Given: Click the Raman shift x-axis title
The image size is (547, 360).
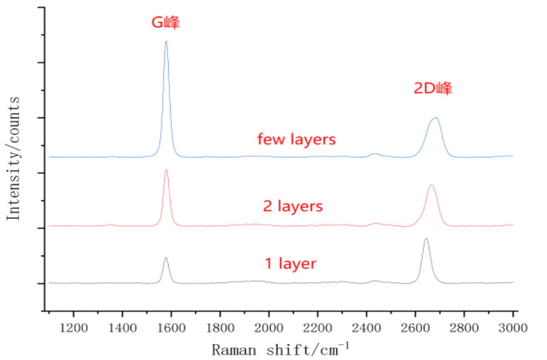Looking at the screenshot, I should tap(281, 348).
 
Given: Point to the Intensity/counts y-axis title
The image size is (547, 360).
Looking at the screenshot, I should tap(14, 157).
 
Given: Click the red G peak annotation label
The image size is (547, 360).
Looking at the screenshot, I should tap(166, 23).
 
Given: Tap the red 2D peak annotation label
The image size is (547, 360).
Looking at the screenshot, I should tap(433, 88).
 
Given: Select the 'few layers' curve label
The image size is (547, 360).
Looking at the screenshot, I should tap(296, 139).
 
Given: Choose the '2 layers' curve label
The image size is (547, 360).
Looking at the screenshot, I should tap(293, 206).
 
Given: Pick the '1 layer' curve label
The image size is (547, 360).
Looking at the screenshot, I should tap(290, 264).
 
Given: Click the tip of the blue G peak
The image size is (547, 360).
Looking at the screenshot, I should tap(166, 41).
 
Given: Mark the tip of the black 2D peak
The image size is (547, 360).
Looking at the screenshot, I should tap(426, 239).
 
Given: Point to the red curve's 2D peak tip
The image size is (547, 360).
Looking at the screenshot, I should tap(431, 185).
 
